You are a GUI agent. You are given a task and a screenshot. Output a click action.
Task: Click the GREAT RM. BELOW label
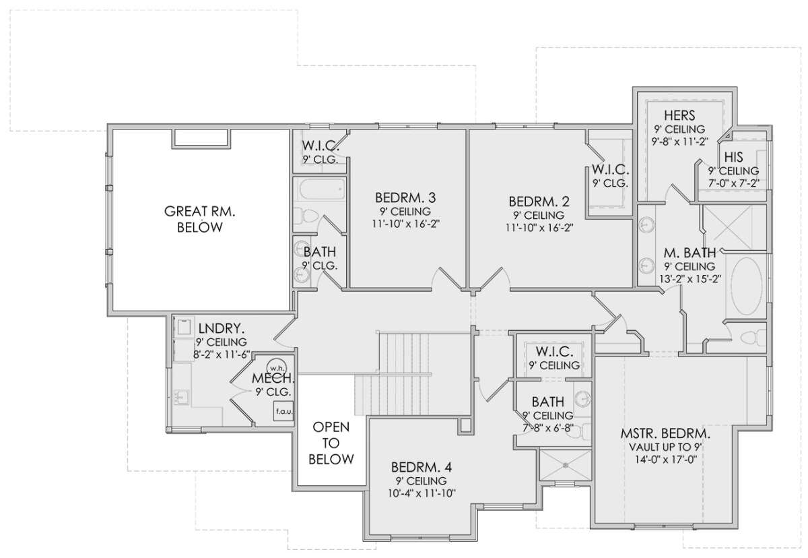coord(199,219)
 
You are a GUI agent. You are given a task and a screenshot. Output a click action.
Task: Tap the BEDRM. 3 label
coord(405,197)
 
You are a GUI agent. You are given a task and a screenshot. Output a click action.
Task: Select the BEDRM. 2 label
coord(539,201)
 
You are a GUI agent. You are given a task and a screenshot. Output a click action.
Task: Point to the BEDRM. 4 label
coord(422,468)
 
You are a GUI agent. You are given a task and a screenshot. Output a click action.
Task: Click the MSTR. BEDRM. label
coord(665,433)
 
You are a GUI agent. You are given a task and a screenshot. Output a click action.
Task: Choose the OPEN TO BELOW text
coord(331,443)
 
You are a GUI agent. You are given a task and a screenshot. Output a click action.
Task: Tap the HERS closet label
coord(679,115)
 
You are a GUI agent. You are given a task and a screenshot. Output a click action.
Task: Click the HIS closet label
coord(734,157)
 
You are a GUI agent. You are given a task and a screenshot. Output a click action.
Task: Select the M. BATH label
coord(689,253)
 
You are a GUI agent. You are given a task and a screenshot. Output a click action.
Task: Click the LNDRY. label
coord(222,328)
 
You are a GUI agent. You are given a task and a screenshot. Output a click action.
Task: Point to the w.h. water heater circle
coord(276,368)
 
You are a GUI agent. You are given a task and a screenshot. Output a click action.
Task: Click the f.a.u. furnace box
coord(283,410)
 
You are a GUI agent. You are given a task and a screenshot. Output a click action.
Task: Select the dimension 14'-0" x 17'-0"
coord(666,460)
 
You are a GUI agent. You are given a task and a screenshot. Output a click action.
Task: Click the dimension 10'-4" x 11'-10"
coord(422,493)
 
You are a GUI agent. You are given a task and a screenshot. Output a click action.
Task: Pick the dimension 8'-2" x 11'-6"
coord(222,354)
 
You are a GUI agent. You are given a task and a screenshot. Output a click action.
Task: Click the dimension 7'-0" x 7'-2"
coord(734,183)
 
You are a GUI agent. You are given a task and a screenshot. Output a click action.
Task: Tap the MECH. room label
coord(273,378)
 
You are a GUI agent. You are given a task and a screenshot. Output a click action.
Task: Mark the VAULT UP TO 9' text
coord(665,447)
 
